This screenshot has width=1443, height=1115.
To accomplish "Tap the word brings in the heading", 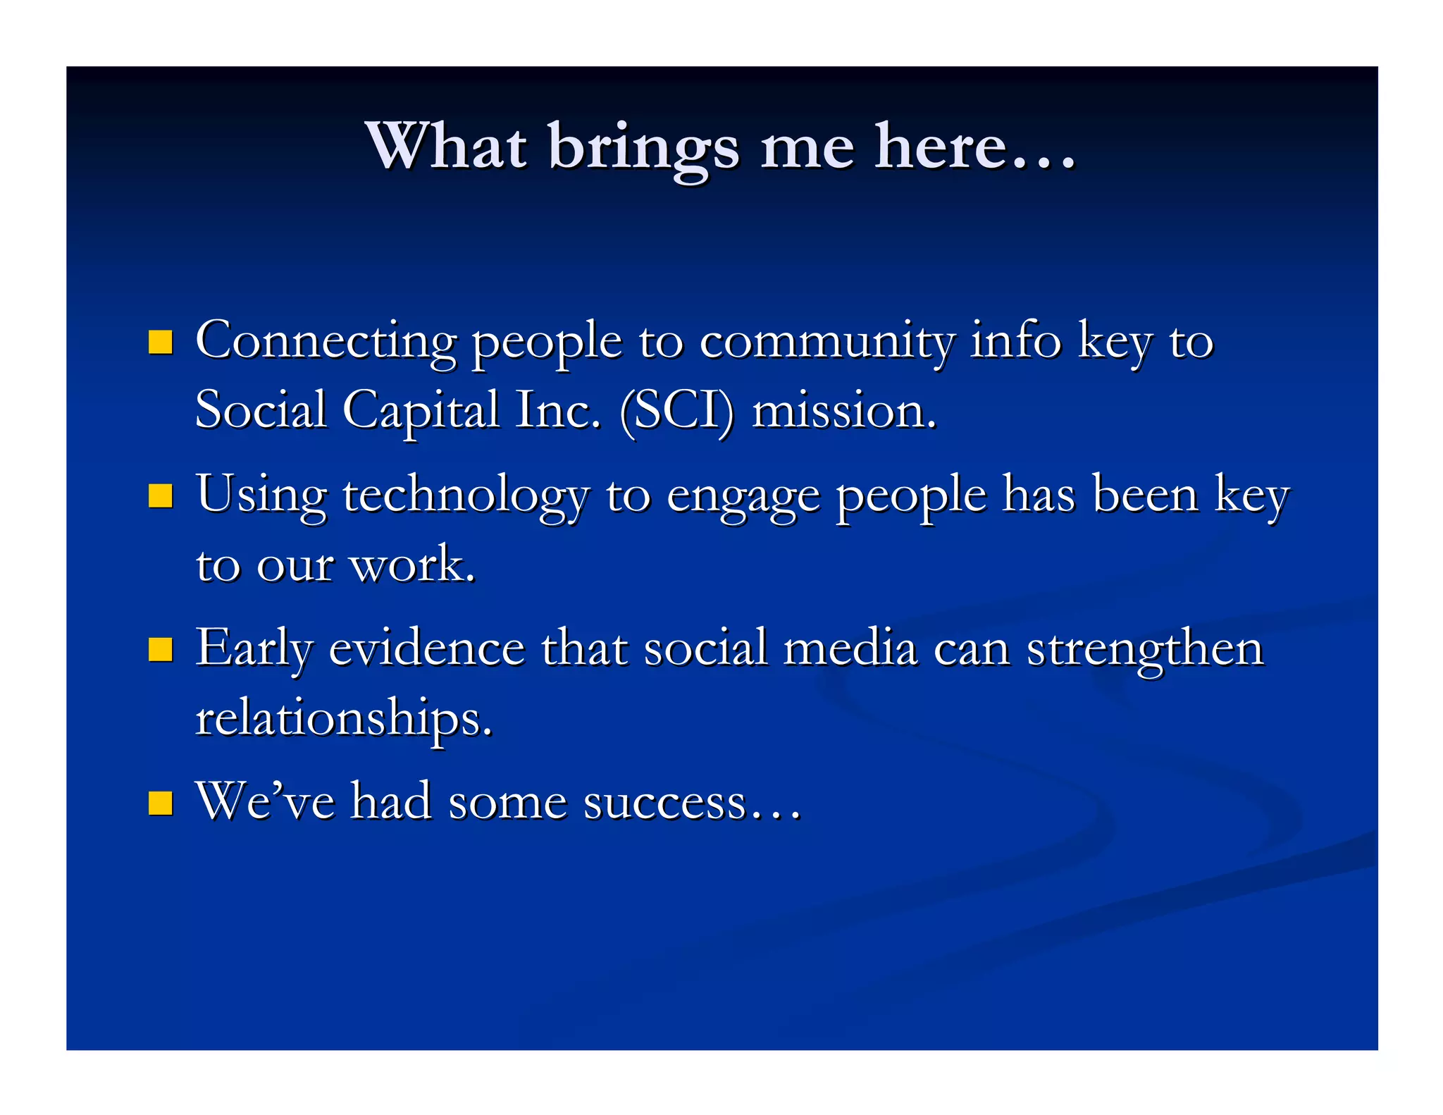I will click(x=643, y=148).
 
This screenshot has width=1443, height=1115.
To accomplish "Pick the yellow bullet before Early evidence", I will click(x=161, y=649).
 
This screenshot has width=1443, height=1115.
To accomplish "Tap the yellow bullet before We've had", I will click(x=161, y=803).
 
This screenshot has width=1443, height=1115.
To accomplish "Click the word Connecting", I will click(x=326, y=342).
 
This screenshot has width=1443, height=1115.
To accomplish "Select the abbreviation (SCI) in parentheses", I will click(x=676, y=411).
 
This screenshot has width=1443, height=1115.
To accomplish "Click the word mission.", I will click(x=843, y=411).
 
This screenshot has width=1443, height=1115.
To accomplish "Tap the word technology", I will click(x=465, y=495).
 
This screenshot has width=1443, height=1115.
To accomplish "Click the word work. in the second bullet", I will click(x=413, y=565).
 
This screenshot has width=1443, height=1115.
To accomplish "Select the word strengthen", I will click(x=1145, y=649).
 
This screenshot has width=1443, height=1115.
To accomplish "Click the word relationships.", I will click(x=343, y=718).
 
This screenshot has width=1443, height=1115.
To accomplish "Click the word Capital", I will click(x=421, y=411).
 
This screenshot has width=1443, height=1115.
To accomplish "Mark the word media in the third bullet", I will click(x=850, y=648).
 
